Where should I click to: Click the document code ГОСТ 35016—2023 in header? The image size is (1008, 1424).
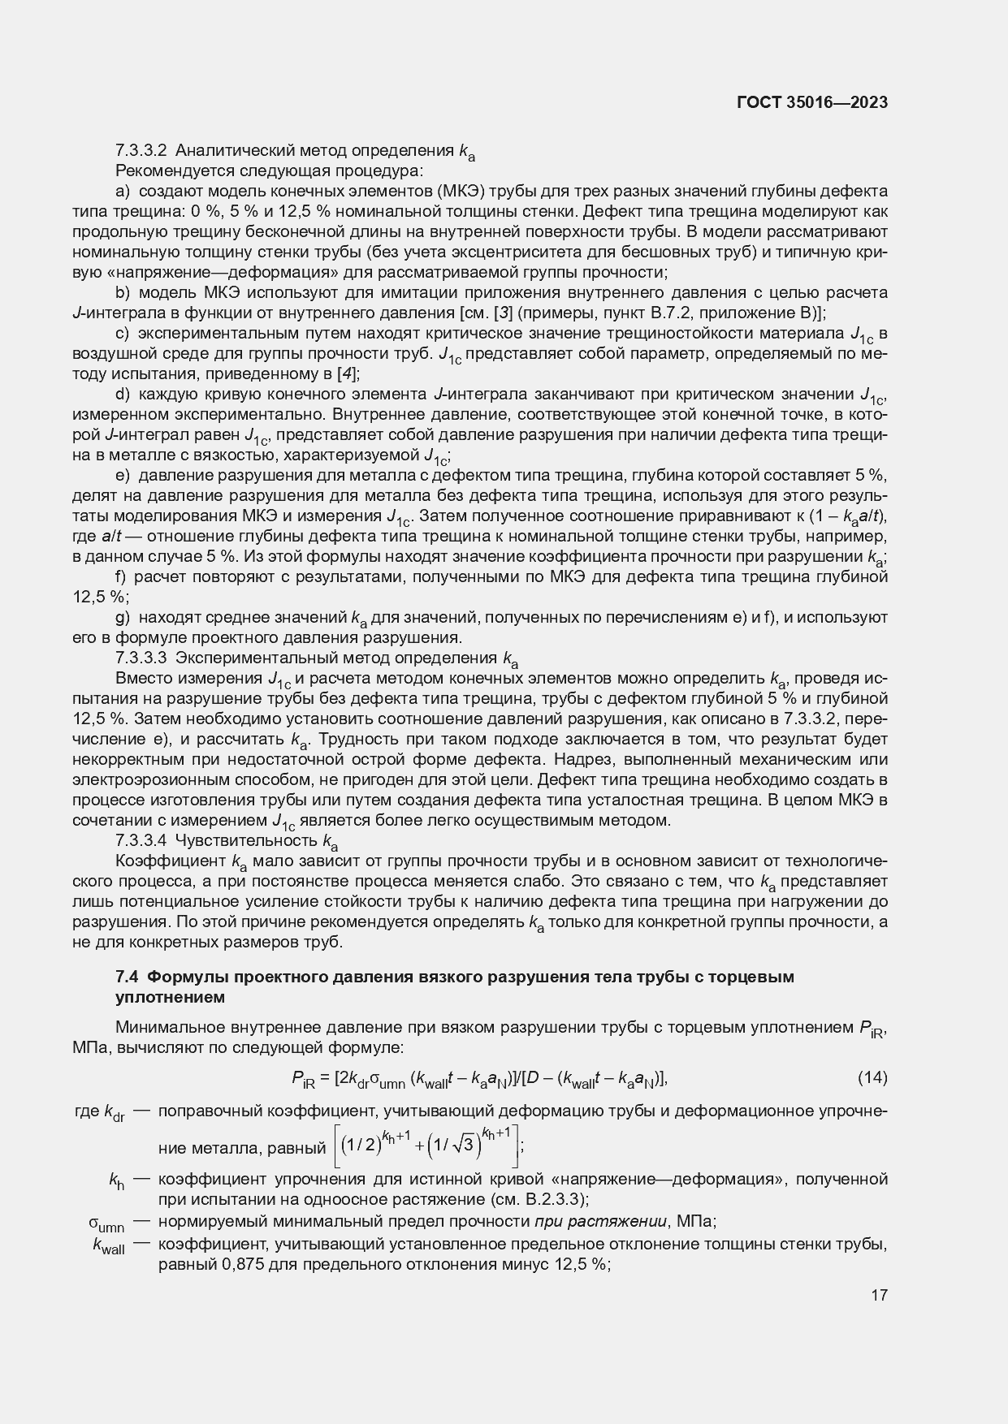click(x=811, y=102)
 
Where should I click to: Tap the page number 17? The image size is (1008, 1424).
click(x=879, y=1295)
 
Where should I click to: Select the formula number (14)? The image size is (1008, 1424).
click(x=872, y=1077)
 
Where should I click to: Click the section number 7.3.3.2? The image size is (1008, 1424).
click(x=141, y=150)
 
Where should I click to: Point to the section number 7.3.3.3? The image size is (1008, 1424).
click(x=141, y=658)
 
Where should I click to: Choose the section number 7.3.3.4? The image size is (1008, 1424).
click(x=141, y=840)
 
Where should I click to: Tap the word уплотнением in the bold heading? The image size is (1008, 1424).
click(x=170, y=997)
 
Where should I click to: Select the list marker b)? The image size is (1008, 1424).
click(x=123, y=292)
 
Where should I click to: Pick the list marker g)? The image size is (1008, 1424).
click(x=123, y=617)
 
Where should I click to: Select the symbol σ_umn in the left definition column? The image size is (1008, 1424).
click(x=106, y=1223)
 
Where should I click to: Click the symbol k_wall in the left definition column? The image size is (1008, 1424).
click(x=109, y=1245)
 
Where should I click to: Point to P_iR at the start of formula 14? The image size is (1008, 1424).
click(x=301, y=1079)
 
